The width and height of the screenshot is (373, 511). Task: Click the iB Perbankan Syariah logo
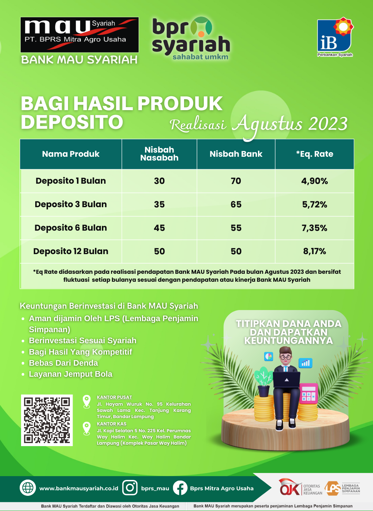coord(335,37)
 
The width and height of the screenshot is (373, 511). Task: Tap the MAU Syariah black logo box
coord(80,35)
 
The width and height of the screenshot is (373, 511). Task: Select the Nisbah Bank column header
coord(236,154)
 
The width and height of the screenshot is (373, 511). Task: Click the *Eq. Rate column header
coord(315,154)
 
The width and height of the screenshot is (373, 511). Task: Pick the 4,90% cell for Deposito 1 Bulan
coord(315,181)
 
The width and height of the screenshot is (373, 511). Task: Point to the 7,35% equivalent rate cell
coord(315,228)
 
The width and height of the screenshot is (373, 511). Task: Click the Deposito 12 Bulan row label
coord(71,251)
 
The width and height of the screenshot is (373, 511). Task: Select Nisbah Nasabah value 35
coord(159,204)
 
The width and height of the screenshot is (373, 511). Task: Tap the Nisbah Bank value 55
coord(236,228)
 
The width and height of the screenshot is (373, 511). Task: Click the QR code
coord(47,420)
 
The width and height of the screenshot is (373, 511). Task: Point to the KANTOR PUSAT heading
coord(114,397)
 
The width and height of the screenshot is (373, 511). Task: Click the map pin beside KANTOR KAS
coord(86,428)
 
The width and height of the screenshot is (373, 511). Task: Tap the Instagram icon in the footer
coord(130,488)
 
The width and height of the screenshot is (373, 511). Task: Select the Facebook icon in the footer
coord(180,488)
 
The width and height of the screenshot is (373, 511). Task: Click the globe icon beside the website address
coord(28,488)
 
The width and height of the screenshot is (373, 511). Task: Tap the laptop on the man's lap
coord(287,379)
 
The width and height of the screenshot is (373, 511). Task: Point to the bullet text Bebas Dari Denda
coord(64,363)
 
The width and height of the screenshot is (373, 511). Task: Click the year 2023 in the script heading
coord(328,124)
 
